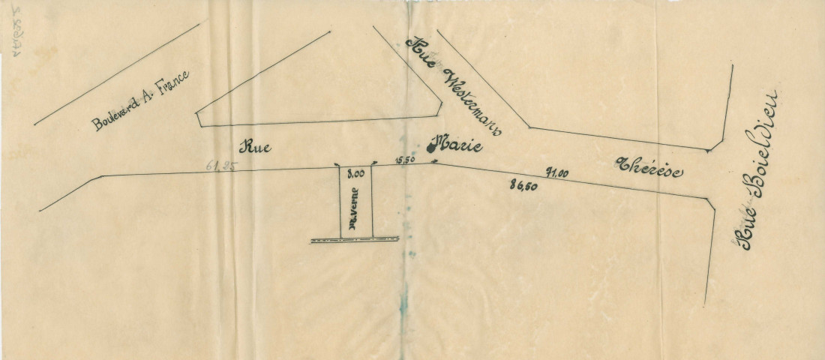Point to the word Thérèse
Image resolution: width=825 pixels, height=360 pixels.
[649, 167]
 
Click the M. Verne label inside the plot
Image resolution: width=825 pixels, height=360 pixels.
[352, 214]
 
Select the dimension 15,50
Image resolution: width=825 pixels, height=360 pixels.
[405, 159]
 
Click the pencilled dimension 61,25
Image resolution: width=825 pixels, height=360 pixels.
[220, 166]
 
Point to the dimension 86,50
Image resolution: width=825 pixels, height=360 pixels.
[522, 186]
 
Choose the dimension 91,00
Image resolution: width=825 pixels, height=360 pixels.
[556, 172]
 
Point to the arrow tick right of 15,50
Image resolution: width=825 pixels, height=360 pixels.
[433, 163]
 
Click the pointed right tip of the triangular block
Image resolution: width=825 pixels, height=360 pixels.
[438, 115]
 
